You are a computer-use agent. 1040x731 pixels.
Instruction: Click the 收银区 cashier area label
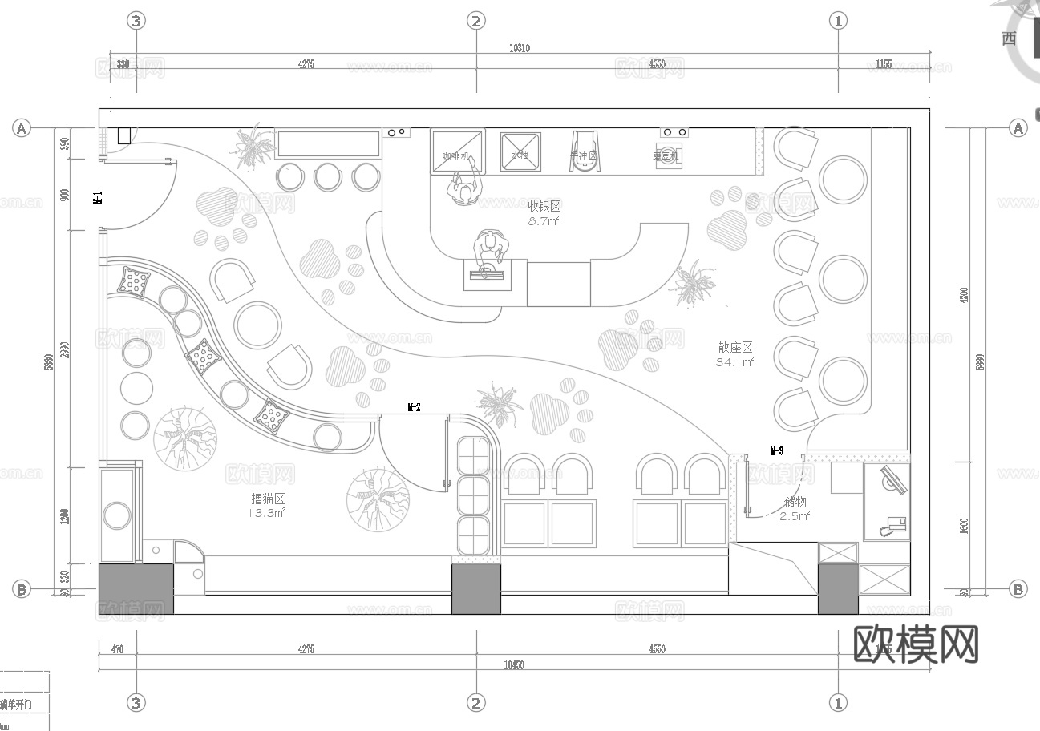pyautogui.click(x=543, y=207)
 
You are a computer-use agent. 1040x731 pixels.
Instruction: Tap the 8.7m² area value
pyautogui.click(x=543, y=221)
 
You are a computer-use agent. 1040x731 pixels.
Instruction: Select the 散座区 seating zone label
pyautogui.click(x=734, y=347)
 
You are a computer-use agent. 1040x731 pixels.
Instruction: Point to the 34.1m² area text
pyautogui.click(x=734, y=362)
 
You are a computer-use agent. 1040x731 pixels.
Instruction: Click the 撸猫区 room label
pyautogui.click(x=268, y=499)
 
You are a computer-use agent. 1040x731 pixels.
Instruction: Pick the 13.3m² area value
pyautogui.click(x=268, y=513)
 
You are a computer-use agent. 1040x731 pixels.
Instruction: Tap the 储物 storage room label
pyautogui.click(x=795, y=502)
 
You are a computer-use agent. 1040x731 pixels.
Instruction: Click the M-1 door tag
pyautogui.click(x=97, y=198)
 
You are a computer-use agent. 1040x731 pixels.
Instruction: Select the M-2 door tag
pyautogui.click(x=414, y=408)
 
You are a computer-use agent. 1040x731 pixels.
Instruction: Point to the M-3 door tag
pyautogui.click(x=776, y=450)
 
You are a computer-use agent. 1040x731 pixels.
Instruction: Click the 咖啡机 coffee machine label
pyautogui.click(x=455, y=156)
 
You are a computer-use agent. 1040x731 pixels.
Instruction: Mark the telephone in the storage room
pyautogui.click(x=892, y=527)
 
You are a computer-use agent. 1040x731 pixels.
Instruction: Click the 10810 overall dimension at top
pyautogui.click(x=519, y=48)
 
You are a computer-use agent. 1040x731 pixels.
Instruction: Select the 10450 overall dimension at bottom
pyautogui.click(x=513, y=665)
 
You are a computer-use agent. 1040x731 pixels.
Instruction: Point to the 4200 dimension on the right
pyautogui.click(x=968, y=294)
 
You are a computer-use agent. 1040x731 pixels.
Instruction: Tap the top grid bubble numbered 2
pyautogui.click(x=476, y=21)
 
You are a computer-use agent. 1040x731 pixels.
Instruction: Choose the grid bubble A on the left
pyautogui.click(x=22, y=128)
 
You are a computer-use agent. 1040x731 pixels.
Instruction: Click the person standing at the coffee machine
pyautogui.click(x=463, y=189)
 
